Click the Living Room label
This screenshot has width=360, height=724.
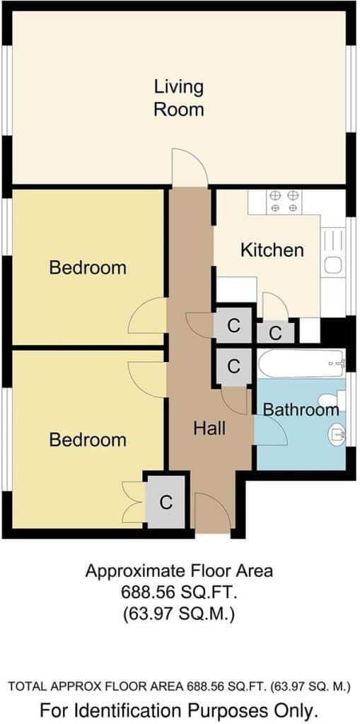coord(179,98)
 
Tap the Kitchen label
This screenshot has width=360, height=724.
coord(272,250)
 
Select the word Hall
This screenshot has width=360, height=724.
coord(209,428)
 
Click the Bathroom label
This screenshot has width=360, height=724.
coord(301,409)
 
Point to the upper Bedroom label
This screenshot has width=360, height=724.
coord(88,267)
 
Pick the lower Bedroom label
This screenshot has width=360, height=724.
coord(88,440)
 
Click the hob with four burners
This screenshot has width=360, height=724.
coord(284,202)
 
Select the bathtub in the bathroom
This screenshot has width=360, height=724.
coord(301,364)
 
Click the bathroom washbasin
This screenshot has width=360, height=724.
coord(337,433)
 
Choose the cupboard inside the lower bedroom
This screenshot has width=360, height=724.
coord(166,502)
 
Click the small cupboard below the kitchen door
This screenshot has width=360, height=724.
coord(276,333)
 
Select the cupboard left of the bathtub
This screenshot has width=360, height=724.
coord(234,367)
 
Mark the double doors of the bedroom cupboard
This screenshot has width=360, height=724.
coord(134,502)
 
